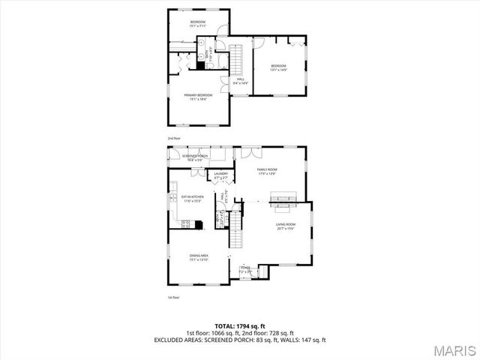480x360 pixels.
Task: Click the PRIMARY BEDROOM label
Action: click(199, 96)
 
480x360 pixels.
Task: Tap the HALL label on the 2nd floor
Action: click(241, 80)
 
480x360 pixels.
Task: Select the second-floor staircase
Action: click(238, 58)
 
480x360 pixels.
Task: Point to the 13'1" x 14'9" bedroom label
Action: click(279, 67)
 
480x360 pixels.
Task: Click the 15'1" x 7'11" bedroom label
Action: click(198, 22)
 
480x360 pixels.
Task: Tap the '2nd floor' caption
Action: click(175, 139)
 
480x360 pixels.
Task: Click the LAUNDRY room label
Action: click(220, 175)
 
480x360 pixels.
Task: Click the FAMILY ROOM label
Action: click(268, 172)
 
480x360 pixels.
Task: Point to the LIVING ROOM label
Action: click(286, 226)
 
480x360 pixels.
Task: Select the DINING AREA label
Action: click(199, 257)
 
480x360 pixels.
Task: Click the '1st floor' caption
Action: click(174, 298)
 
